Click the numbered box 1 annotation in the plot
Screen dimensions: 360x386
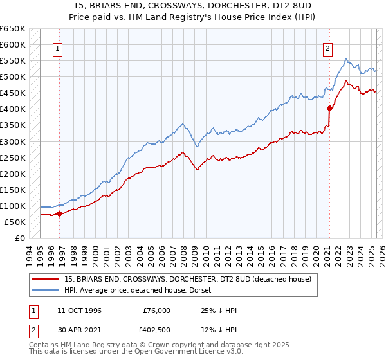tap(58, 48)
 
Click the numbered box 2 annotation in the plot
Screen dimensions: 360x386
tap(328, 48)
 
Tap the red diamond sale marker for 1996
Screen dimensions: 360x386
tap(59, 213)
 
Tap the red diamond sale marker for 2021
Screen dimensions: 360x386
tap(329, 108)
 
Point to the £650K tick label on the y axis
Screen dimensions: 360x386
tap(12, 29)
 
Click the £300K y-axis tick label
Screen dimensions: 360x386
tap(12, 141)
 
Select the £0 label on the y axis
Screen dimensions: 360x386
tap(19, 238)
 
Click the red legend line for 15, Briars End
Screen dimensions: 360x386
tap(46, 279)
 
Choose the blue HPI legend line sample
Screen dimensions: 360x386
tap(46, 290)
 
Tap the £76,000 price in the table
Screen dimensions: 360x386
tap(157, 310)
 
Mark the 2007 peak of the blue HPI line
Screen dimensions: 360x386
tap(183, 123)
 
